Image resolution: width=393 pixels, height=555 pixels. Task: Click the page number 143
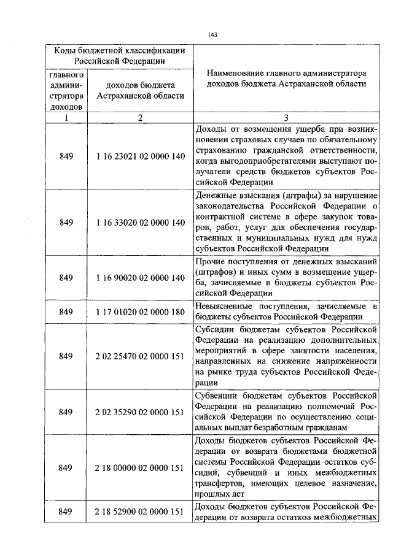click(213, 34)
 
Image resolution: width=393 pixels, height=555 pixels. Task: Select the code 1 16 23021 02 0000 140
click(140, 156)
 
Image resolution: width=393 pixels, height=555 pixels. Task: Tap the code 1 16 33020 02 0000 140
click(140, 222)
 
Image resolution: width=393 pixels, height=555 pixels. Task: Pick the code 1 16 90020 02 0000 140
click(140, 278)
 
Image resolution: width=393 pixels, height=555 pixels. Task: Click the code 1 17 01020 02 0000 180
click(140, 312)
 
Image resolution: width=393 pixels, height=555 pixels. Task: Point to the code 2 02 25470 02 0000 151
click(140, 356)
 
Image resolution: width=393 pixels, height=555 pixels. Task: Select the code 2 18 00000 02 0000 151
click(140, 468)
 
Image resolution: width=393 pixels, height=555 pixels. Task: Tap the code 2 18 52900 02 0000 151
click(140, 511)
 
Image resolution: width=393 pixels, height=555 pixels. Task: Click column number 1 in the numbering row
click(66, 118)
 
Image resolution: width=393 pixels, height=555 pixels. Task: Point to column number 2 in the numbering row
click(140, 118)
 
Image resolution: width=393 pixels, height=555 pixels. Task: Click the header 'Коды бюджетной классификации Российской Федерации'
click(118, 55)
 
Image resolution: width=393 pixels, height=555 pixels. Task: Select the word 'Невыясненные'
click(222, 306)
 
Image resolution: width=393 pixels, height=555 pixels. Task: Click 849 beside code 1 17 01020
click(66, 312)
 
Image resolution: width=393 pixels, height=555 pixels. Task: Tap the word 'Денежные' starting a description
click(214, 195)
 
